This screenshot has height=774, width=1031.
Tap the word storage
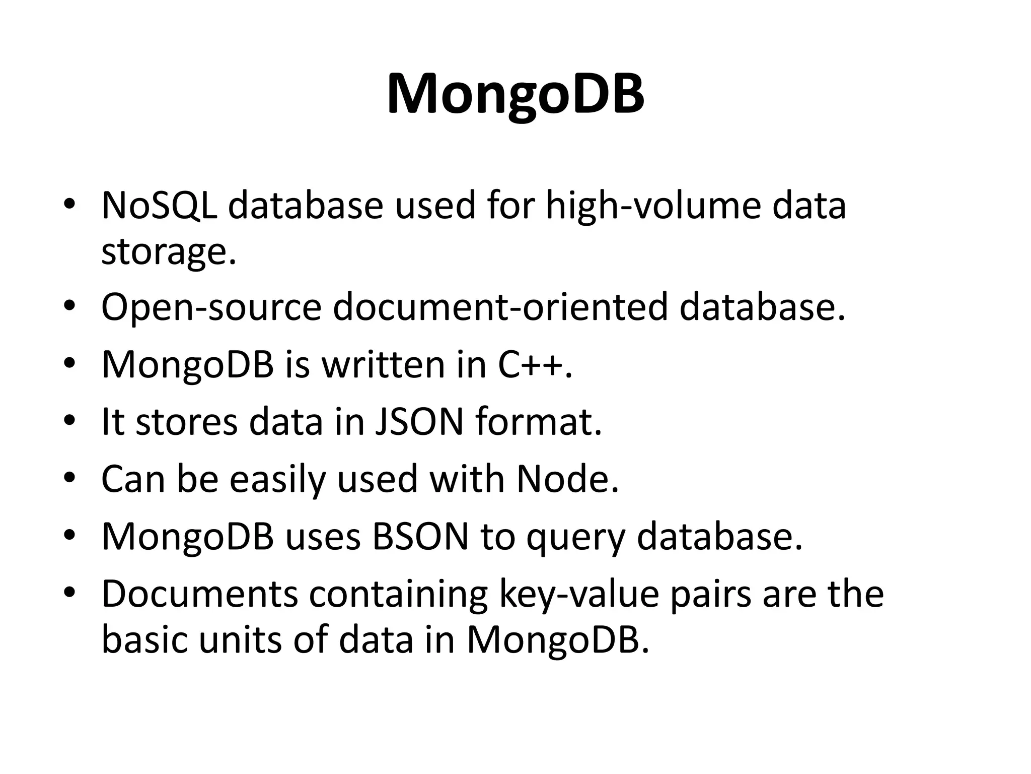(x=169, y=252)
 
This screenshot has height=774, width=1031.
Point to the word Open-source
(x=211, y=307)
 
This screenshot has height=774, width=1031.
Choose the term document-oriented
(x=500, y=307)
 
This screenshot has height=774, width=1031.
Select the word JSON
(x=419, y=422)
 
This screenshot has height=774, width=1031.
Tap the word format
(x=538, y=422)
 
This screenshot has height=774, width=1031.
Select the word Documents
(x=200, y=594)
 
